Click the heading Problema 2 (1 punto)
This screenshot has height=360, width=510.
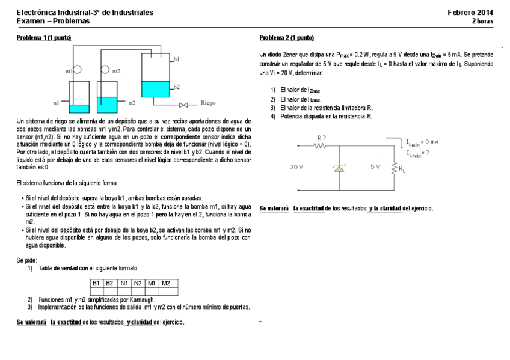pos(286,37)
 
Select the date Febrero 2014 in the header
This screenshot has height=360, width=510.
pos(470,13)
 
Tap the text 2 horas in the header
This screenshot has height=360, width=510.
pos(482,21)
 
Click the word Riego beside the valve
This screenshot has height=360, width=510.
pos(207,103)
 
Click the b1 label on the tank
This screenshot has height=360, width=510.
pos(176,59)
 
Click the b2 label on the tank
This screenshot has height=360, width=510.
pos(176,87)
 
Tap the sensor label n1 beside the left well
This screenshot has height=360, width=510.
pos(57,103)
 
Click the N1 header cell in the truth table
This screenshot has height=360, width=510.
pos(124,282)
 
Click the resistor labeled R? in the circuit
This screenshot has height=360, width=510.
pos(321,145)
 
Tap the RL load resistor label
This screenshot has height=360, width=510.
pos(402,169)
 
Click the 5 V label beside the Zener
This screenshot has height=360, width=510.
pos(375,167)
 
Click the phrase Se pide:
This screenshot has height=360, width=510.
pos(27,260)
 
